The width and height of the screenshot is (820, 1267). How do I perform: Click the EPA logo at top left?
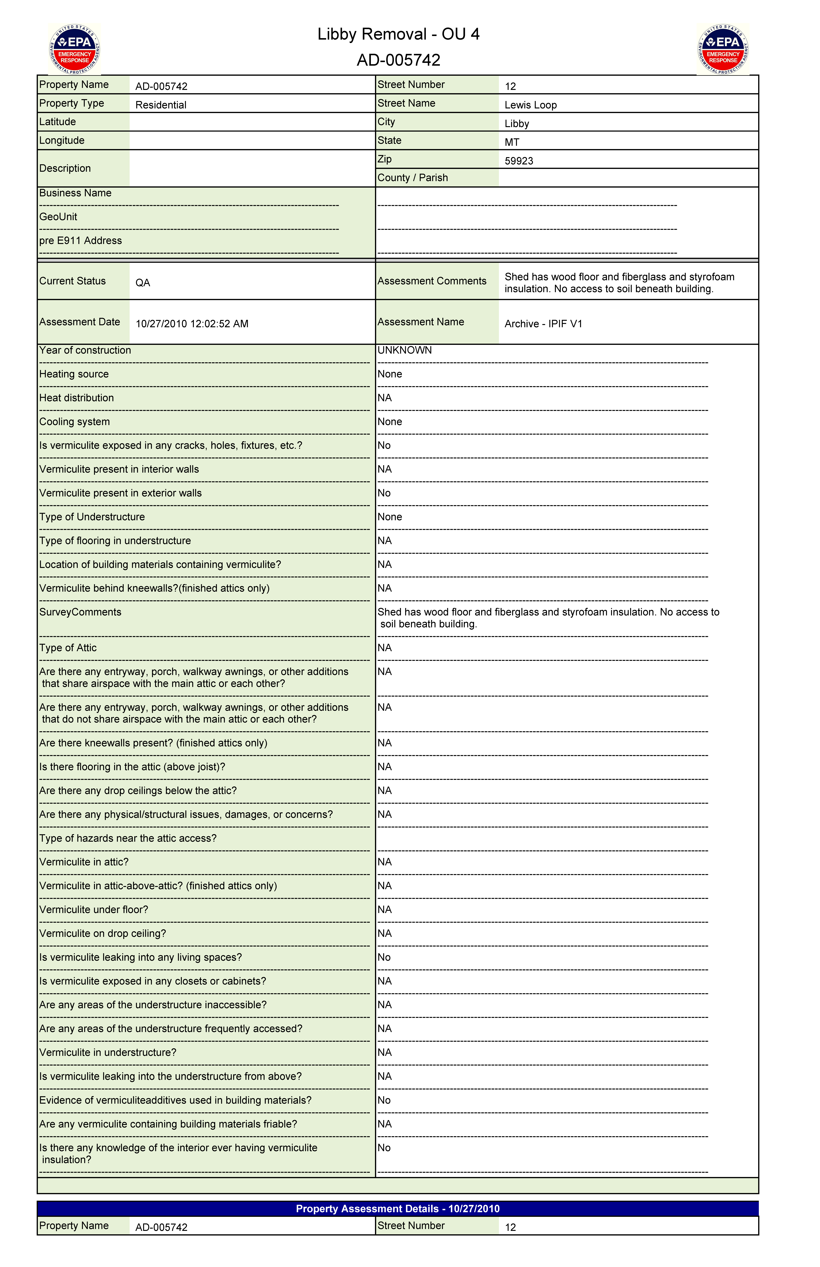[75, 49]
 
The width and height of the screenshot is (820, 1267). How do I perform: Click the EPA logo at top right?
[723, 49]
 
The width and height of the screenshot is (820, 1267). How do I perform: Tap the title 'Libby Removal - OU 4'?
[398, 34]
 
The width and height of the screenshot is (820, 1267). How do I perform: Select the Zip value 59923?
[519, 161]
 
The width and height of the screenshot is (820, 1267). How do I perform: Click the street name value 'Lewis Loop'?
[530, 105]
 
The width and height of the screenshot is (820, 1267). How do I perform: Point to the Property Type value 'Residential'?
[161, 105]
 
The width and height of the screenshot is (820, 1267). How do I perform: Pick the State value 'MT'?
[512, 142]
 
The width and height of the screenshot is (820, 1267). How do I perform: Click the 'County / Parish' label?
[413, 178]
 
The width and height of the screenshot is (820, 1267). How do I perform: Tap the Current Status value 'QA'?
[143, 283]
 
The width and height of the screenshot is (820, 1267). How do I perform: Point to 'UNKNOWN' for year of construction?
[405, 350]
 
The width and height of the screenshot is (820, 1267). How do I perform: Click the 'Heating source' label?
[74, 374]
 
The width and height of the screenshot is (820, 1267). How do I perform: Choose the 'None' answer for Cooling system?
[390, 422]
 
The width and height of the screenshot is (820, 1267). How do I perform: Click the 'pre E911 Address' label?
[80, 241]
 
